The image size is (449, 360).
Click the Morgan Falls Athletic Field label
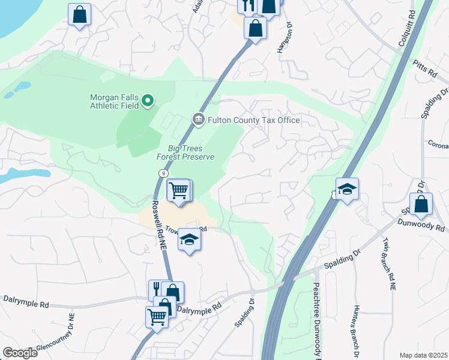click(115, 101)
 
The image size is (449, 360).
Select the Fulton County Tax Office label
click(253, 120)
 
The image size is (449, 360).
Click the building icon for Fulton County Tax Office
click(198, 120)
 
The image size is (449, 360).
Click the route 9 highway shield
click(163, 173)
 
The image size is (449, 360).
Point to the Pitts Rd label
click(424, 69)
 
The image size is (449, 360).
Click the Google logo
click(20, 353)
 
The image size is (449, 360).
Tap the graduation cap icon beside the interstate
click(347, 190)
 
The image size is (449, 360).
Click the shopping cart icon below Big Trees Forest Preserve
click(179, 191)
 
